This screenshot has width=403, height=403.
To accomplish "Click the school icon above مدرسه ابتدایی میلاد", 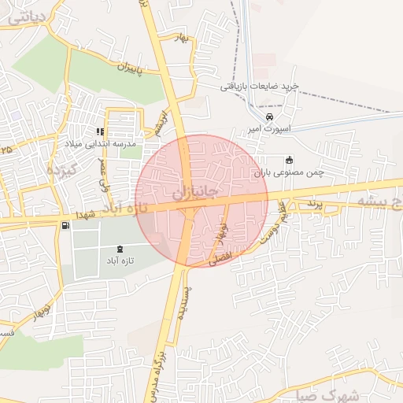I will coord(101,132).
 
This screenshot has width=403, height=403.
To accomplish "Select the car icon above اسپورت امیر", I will coord(270,116).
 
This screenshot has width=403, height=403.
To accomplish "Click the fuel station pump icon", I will coord(65,227).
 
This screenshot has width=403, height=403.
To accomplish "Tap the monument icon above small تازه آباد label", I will coord(120,249).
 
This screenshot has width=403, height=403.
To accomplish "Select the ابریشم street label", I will coord(161,121).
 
